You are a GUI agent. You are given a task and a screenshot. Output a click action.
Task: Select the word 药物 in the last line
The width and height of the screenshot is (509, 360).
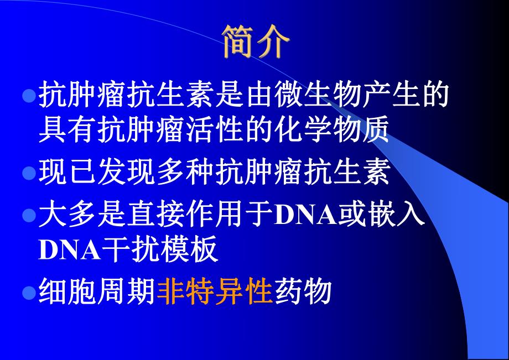point(302,291)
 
